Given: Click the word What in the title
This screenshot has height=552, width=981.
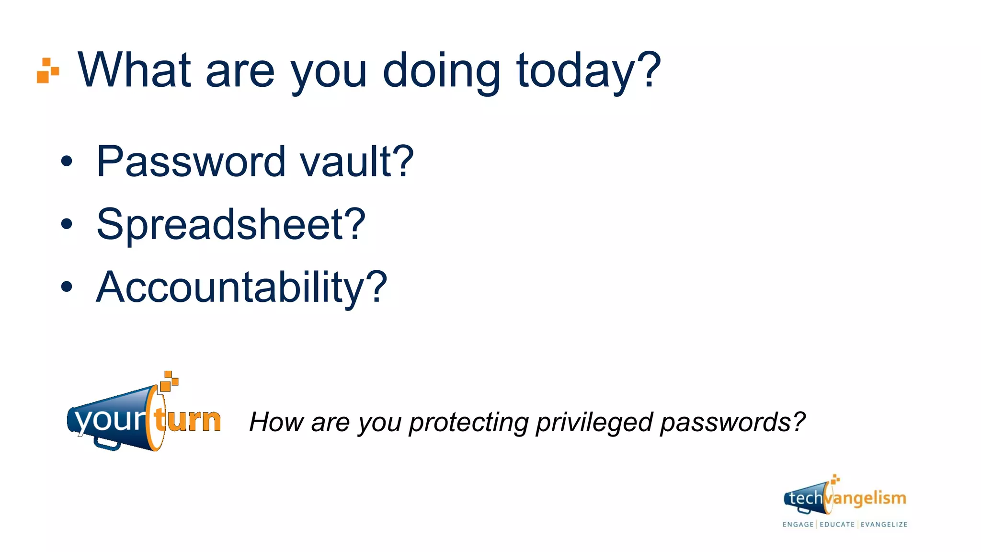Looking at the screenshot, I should (x=134, y=70).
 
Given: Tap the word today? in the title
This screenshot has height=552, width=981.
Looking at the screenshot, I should (x=588, y=70).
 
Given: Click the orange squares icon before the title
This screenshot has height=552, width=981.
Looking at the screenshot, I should (x=48, y=70).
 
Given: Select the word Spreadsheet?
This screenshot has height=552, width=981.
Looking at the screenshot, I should (x=231, y=224).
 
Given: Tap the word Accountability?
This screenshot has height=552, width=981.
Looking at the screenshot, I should (x=241, y=287).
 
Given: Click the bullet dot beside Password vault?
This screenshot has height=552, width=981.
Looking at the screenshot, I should (x=67, y=162).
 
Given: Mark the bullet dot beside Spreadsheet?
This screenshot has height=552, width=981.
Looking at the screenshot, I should (x=67, y=224).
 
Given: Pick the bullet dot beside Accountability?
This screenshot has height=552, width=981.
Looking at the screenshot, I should (x=67, y=287).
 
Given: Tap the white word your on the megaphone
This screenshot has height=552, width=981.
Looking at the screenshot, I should (x=110, y=420).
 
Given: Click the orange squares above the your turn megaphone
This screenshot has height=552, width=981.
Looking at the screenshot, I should (x=169, y=381).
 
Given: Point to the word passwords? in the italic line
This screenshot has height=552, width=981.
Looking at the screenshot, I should (x=732, y=423).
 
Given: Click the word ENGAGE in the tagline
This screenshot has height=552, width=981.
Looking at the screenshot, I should (x=798, y=524).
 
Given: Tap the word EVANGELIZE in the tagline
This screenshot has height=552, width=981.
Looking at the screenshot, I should (x=884, y=524).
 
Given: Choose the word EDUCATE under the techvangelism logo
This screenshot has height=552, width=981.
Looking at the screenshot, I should (x=837, y=524).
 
